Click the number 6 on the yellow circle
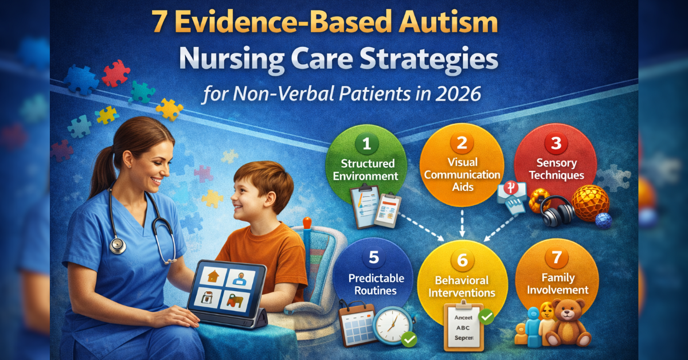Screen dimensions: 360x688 [462, 259]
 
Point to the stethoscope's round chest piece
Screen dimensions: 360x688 [118, 245]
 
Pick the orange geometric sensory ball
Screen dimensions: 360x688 [591, 203]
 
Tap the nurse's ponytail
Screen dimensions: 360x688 [103, 166]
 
